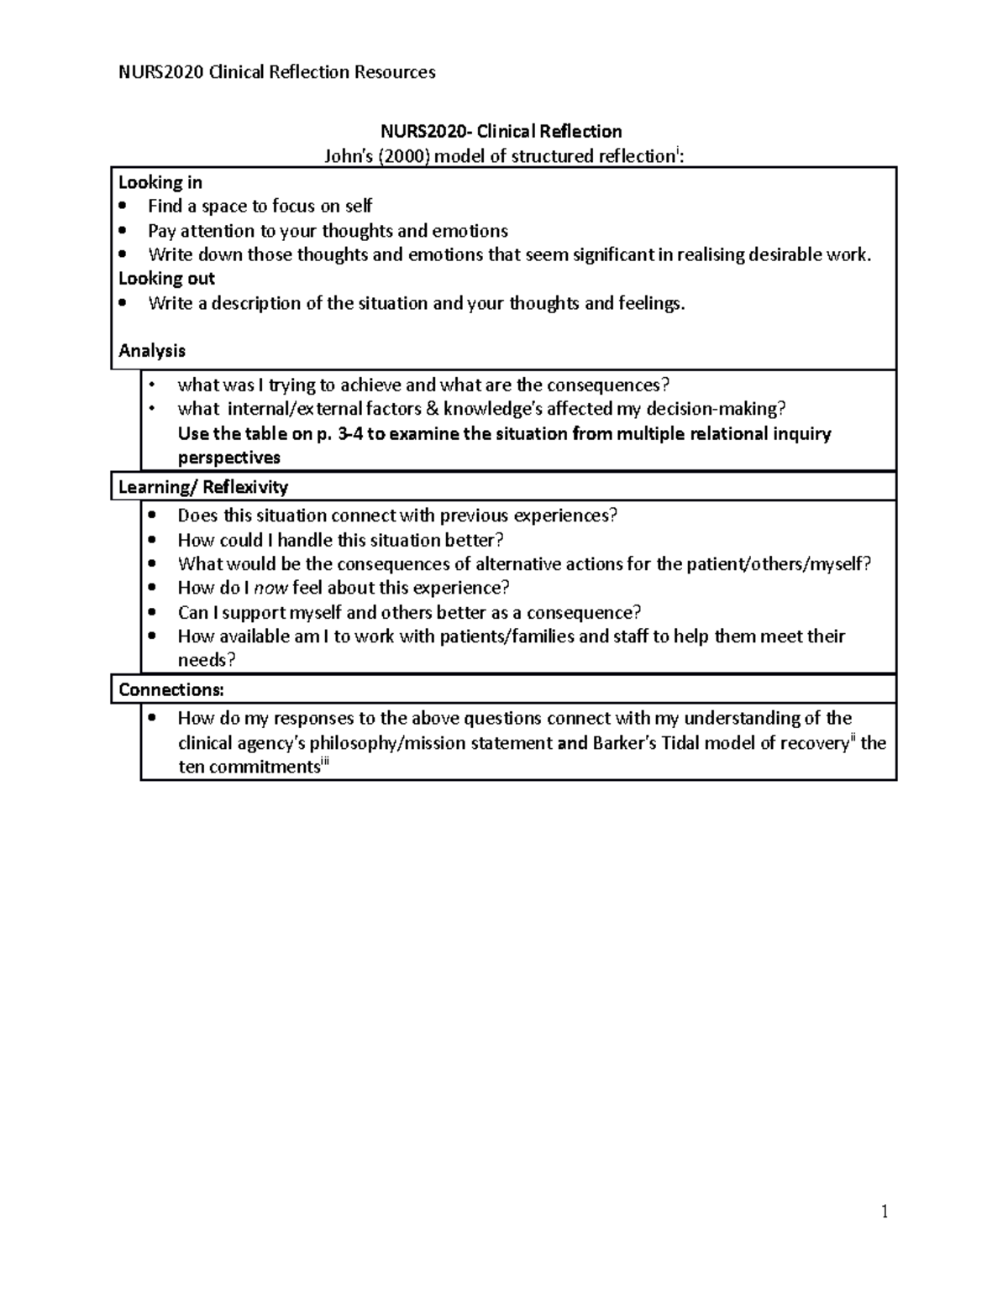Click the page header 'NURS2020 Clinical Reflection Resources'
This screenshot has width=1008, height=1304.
tap(277, 72)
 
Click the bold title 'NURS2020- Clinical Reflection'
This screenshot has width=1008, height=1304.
tap(501, 131)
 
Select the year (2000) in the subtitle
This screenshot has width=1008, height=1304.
tap(405, 156)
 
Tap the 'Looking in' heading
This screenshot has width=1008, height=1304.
tap(160, 182)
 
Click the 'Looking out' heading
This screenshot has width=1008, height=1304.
tap(166, 279)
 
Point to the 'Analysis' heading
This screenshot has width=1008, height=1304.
tap(152, 351)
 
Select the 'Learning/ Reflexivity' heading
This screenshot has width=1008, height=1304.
tap(203, 487)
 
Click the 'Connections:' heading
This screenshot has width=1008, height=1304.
tap(171, 690)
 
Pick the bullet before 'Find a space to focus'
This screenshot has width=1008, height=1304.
tap(124, 207)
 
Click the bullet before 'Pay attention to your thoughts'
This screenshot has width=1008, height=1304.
tap(124, 231)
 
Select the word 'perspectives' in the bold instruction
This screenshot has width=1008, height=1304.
tap(228, 458)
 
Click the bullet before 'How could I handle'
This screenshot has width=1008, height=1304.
tap(152, 540)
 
